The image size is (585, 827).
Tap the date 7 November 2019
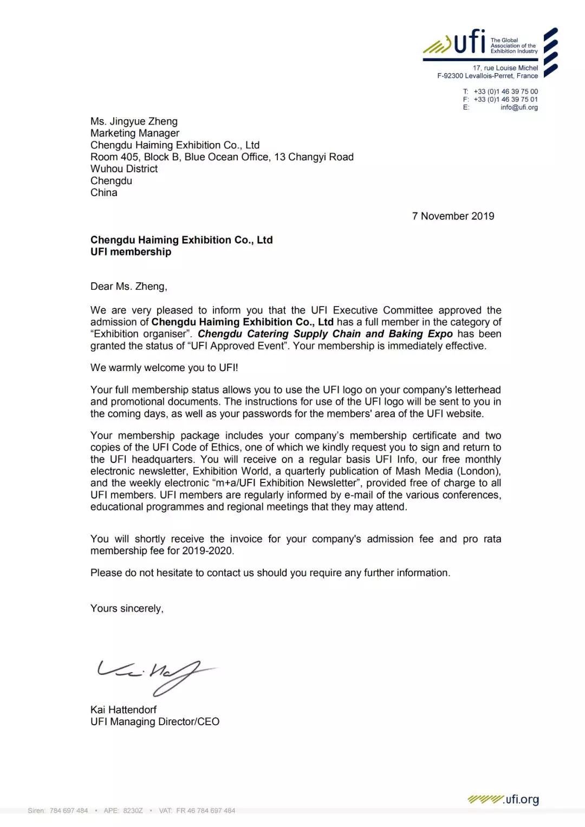click(x=453, y=216)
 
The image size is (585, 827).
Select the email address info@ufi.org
click(x=519, y=107)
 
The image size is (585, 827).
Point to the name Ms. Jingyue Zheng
click(x=134, y=121)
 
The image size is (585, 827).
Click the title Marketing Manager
click(x=135, y=133)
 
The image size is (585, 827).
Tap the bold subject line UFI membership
click(x=131, y=252)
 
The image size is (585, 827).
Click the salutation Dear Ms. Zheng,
click(x=129, y=286)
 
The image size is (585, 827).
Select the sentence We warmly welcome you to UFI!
click(x=164, y=368)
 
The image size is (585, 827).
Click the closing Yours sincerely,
click(x=127, y=609)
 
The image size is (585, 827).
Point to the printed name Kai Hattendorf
click(x=123, y=710)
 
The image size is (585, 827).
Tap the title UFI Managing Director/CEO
click(x=155, y=722)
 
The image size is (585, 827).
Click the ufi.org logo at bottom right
click(x=503, y=799)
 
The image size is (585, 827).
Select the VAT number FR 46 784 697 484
click(x=206, y=811)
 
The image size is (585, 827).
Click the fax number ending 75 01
click(x=505, y=100)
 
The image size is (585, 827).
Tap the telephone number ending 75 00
click(x=505, y=92)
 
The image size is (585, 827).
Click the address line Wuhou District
click(x=124, y=169)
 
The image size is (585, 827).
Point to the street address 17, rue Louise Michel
click(x=505, y=68)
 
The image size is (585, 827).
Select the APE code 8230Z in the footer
click(x=133, y=811)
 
